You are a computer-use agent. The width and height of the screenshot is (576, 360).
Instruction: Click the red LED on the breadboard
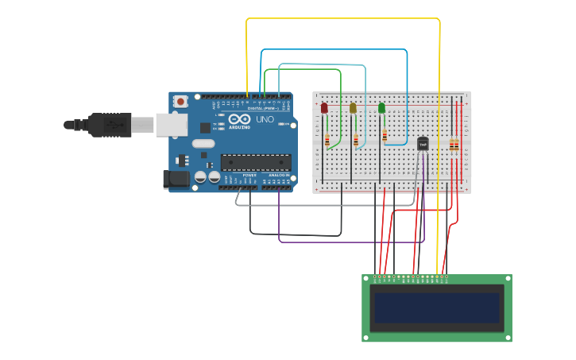coord(324,107)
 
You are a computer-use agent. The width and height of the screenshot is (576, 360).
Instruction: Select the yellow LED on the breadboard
coord(353,107)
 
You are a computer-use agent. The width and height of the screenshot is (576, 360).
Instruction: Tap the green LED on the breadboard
coord(381,107)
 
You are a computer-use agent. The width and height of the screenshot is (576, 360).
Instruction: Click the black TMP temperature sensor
coord(423,144)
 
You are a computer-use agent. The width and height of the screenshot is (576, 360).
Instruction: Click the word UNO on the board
coord(263,120)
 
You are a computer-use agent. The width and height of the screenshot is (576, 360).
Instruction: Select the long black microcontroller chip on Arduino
coord(256,162)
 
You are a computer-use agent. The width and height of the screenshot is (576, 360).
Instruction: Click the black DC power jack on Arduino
coord(176,180)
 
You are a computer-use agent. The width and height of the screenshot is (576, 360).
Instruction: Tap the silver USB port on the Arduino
coord(170,125)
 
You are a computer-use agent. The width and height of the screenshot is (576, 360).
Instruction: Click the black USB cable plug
coord(108,125)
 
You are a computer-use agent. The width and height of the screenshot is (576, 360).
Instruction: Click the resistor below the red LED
coord(327,141)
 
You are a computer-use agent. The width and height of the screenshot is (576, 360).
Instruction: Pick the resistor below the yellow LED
coord(356,141)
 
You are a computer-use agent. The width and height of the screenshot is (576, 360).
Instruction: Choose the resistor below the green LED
coord(385,136)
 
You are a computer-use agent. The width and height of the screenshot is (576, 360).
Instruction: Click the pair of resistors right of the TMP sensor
coord(454,145)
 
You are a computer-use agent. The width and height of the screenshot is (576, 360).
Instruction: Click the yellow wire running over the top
coord(342,18)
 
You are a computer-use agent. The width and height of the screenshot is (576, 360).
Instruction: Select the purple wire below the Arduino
coord(350,241)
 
